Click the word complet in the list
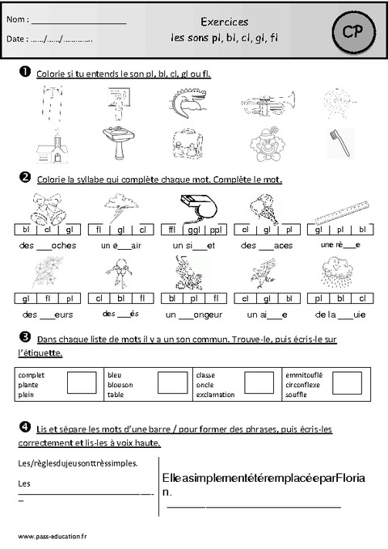(x=31, y=375)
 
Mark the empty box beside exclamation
(x=259, y=383)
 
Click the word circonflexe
(x=304, y=385)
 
